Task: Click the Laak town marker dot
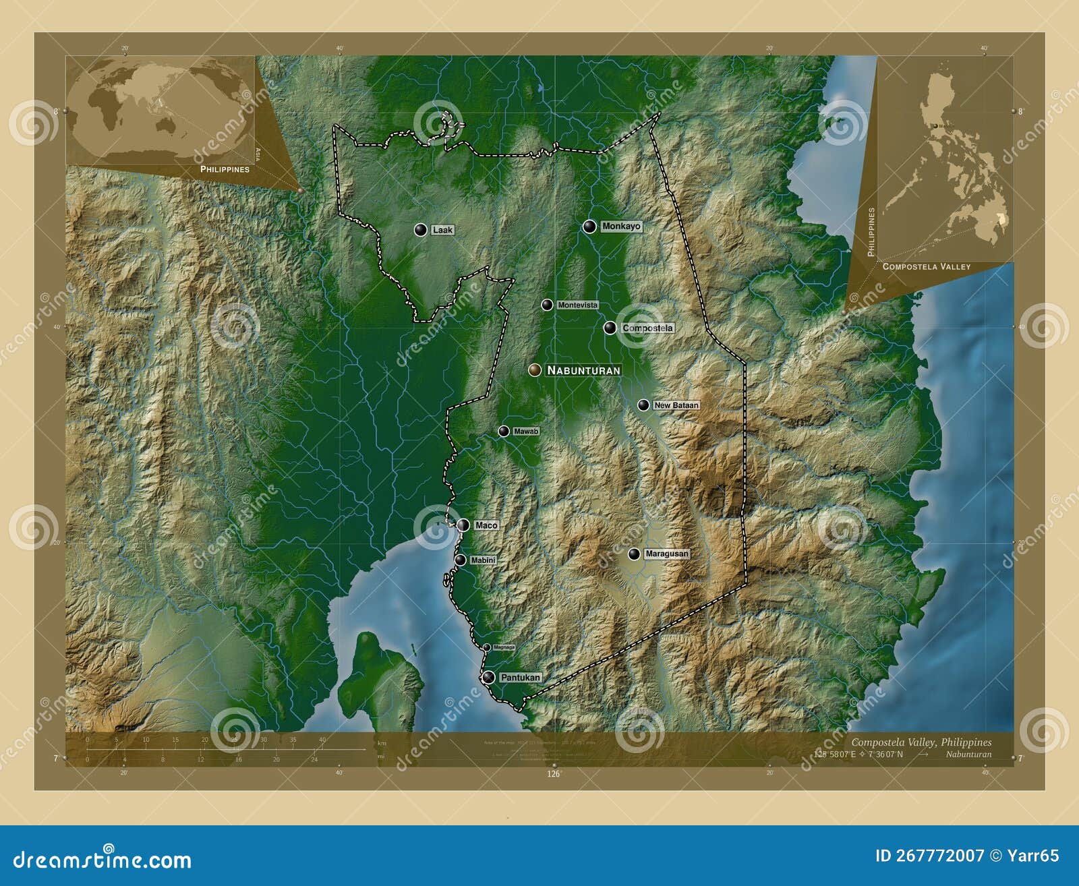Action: click(x=421, y=230)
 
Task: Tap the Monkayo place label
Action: click(x=621, y=227)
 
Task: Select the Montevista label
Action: click(x=577, y=305)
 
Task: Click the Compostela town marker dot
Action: click(x=610, y=328)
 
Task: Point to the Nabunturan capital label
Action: click(x=583, y=370)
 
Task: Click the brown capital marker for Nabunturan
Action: click(x=535, y=370)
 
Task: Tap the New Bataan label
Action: click(x=676, y=405)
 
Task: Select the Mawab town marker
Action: click(x=504, y=432)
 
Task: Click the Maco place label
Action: click(x=486, y=525)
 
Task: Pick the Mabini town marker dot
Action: click(x=460, y=560)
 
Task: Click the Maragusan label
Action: click(x=666, y=554)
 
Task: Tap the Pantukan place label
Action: click(x=520, y=678)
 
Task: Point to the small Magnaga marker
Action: click(x=486, y=647)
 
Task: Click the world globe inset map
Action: click(x=161, y=108)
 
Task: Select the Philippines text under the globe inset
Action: click(x=225, y=169)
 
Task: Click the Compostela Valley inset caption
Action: click(x=926, y=267)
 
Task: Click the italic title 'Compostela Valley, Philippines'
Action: click(x=921, y=742)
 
